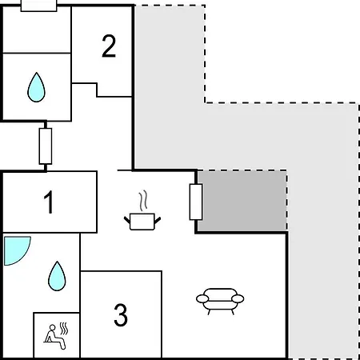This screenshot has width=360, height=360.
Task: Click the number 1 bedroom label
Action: (50, 202)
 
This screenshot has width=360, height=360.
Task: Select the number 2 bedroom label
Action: (109, 46)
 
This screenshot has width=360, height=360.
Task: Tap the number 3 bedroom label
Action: (121, 315)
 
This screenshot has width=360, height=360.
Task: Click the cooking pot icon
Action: (142, 222)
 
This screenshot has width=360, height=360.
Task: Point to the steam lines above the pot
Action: (143, 200)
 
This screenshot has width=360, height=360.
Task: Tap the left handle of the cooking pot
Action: (127, 221)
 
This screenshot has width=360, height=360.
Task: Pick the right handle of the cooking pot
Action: (158, 221)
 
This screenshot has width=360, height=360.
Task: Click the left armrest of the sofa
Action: (202, 298)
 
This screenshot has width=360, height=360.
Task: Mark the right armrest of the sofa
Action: (238, 298)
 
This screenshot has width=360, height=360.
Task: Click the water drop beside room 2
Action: (36, 87)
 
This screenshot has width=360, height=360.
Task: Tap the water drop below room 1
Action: (57, 276)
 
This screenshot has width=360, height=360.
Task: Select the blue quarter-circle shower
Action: (14, 249)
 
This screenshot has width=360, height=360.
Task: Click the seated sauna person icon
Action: (54, 337)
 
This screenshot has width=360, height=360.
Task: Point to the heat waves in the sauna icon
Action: (63, 329)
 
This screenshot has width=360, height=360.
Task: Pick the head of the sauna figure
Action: (53, 327)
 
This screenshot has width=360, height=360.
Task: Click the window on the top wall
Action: (39, 6)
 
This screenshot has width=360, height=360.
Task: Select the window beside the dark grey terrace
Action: (196, 202)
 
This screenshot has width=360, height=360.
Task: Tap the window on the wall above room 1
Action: (46, 146)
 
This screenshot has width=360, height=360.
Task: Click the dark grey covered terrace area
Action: (242, 201)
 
